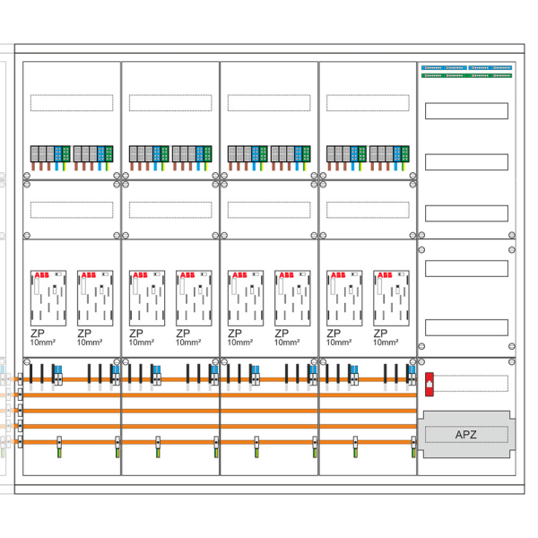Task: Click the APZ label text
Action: (465, 435)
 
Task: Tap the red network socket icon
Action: (430, 383)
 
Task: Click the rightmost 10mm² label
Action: (386, 342)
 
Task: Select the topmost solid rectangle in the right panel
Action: (465, 111)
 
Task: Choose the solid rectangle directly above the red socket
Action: (465, 326)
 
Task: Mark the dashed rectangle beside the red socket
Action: (473, 383)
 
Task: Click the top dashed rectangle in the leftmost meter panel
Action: (72, 103)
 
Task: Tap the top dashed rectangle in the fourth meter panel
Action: (368, 103)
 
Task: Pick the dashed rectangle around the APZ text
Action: (465, 435)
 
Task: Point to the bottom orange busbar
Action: (220, 442)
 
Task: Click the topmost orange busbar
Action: (220, 381)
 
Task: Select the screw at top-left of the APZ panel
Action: (422, 363)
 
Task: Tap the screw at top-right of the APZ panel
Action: (511, 363)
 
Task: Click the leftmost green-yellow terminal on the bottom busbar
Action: (59, 443)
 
